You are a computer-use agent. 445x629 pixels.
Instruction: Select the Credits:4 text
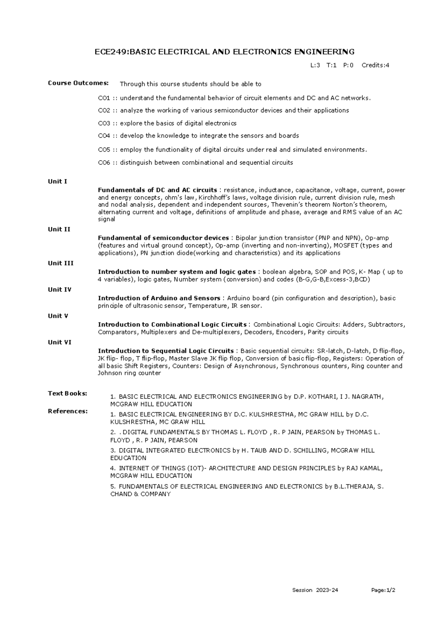375,66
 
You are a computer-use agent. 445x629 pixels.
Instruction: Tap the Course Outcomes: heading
78,83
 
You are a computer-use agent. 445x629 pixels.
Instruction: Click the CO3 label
104,123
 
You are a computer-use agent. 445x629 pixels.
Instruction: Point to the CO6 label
104,162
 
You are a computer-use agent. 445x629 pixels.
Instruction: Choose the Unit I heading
57,181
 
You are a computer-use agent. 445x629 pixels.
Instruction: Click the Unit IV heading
60,289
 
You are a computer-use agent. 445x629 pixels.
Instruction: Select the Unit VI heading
60,342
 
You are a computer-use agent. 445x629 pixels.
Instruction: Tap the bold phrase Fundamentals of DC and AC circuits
157,190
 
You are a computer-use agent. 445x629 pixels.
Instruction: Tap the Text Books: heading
67,393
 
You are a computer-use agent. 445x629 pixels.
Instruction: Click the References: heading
68,411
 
